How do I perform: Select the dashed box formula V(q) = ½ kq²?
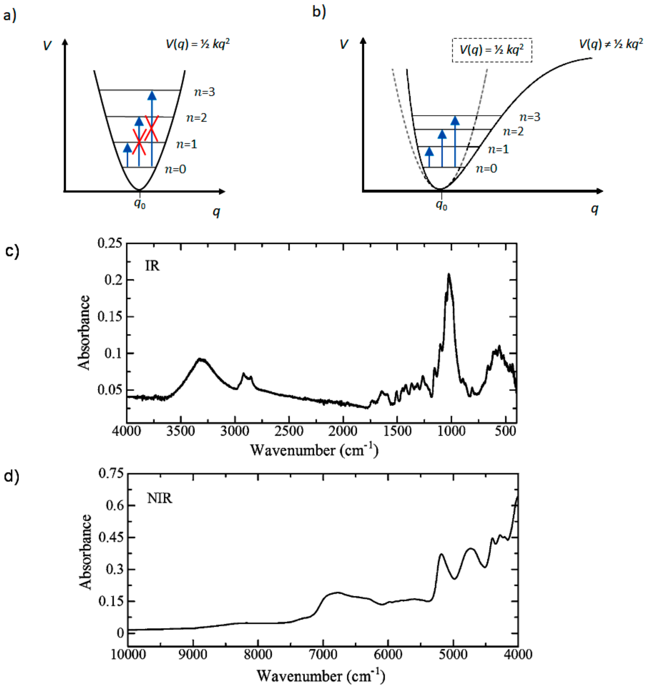click(x=492, y=50)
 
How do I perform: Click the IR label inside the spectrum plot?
click(x=152, y=266)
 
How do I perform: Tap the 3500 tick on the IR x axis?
click(x=181, y=431)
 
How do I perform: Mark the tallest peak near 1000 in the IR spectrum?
click(x=449, y=275)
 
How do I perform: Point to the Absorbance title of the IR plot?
click(x=84, y=333)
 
